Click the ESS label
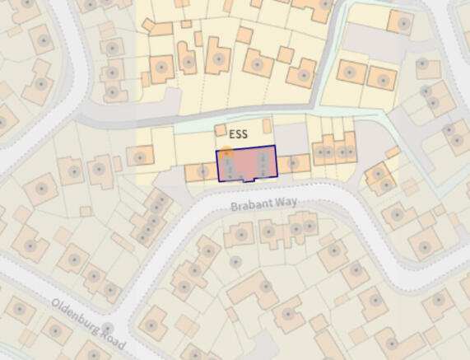pos(238,133)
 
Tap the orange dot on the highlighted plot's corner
pos(226,152)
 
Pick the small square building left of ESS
pos(220,130)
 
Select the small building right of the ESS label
pos(267,125)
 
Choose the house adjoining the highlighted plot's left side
pos(202,171)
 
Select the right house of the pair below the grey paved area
pos(381,78)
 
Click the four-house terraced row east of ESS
pos(334,151)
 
